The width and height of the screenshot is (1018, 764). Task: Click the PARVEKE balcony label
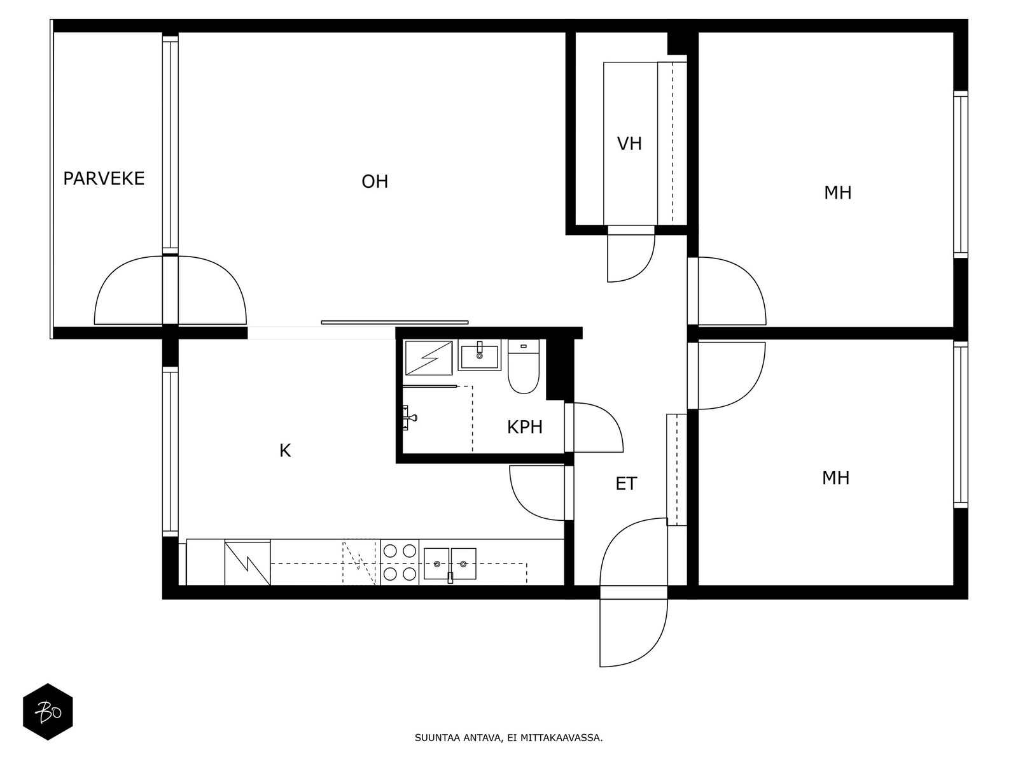point(104,178)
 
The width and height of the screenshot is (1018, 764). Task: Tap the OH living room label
point(375,182)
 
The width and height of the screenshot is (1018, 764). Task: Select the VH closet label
point(629,144)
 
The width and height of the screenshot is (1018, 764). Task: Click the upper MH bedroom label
point(837,193)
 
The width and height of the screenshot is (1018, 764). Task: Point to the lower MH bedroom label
point(835,478)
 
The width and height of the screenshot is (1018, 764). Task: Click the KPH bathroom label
point(525,427)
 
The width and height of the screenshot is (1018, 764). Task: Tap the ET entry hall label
point(625,484)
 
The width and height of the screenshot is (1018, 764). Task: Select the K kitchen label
point(285,451)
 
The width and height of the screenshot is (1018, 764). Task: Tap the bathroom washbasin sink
point(480,355)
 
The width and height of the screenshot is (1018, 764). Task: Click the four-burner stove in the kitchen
point(400,562)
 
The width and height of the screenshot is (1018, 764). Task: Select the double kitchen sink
point(450,563)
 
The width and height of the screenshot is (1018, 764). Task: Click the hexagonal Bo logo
point(48,712)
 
